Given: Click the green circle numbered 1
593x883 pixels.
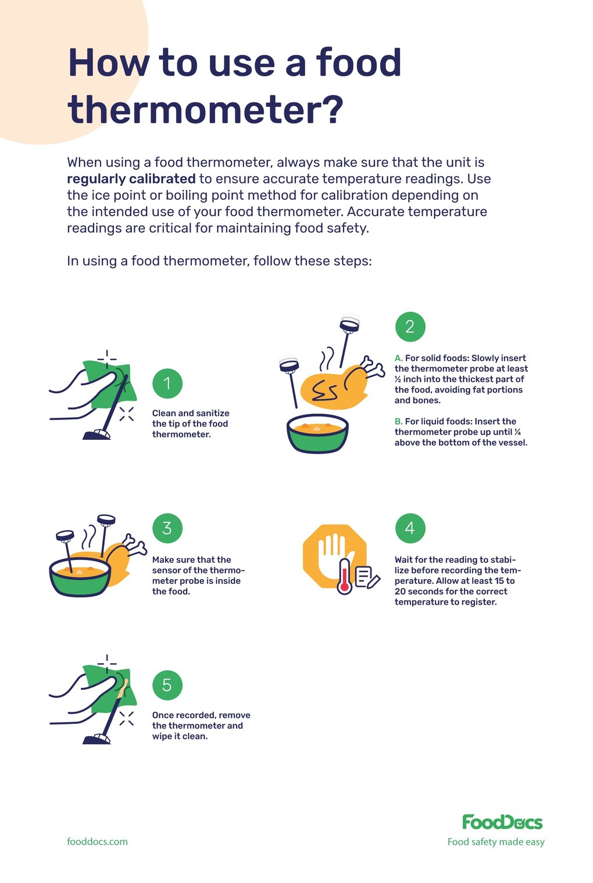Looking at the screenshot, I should (x=167, y=383).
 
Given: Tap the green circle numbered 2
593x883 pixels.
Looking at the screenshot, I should (x=410, y=326).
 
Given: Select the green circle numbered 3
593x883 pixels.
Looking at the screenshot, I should (x=167, y=528).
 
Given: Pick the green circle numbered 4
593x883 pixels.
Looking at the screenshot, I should (x=410, y=528).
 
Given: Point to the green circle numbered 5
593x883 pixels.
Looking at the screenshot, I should (x=167, y=685).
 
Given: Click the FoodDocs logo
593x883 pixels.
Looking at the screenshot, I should (x=502, y=822).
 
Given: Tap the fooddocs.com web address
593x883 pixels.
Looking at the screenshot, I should (x=97, y=842).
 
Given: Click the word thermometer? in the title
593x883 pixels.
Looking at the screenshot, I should (x=205, y=110).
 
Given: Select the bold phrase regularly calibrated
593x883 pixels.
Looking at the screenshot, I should (x=131, y=179).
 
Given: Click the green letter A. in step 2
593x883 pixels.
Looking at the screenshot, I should (x=398, y=358).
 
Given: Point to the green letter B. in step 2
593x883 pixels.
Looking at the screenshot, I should (x=398, y=422).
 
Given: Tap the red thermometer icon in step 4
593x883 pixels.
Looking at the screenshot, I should (x=345, y=576).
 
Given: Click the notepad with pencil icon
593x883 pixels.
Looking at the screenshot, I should (x=366, y=577).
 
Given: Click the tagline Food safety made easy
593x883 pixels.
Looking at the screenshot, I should (x=496, y=842).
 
